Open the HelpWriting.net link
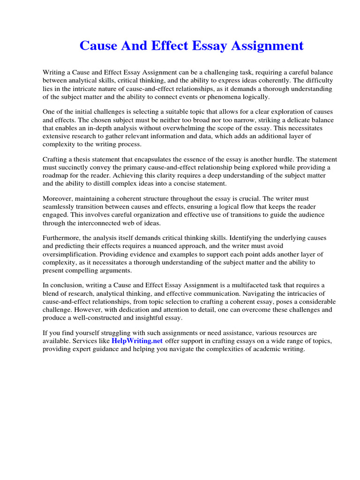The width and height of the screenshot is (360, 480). (x=137, y=341)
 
